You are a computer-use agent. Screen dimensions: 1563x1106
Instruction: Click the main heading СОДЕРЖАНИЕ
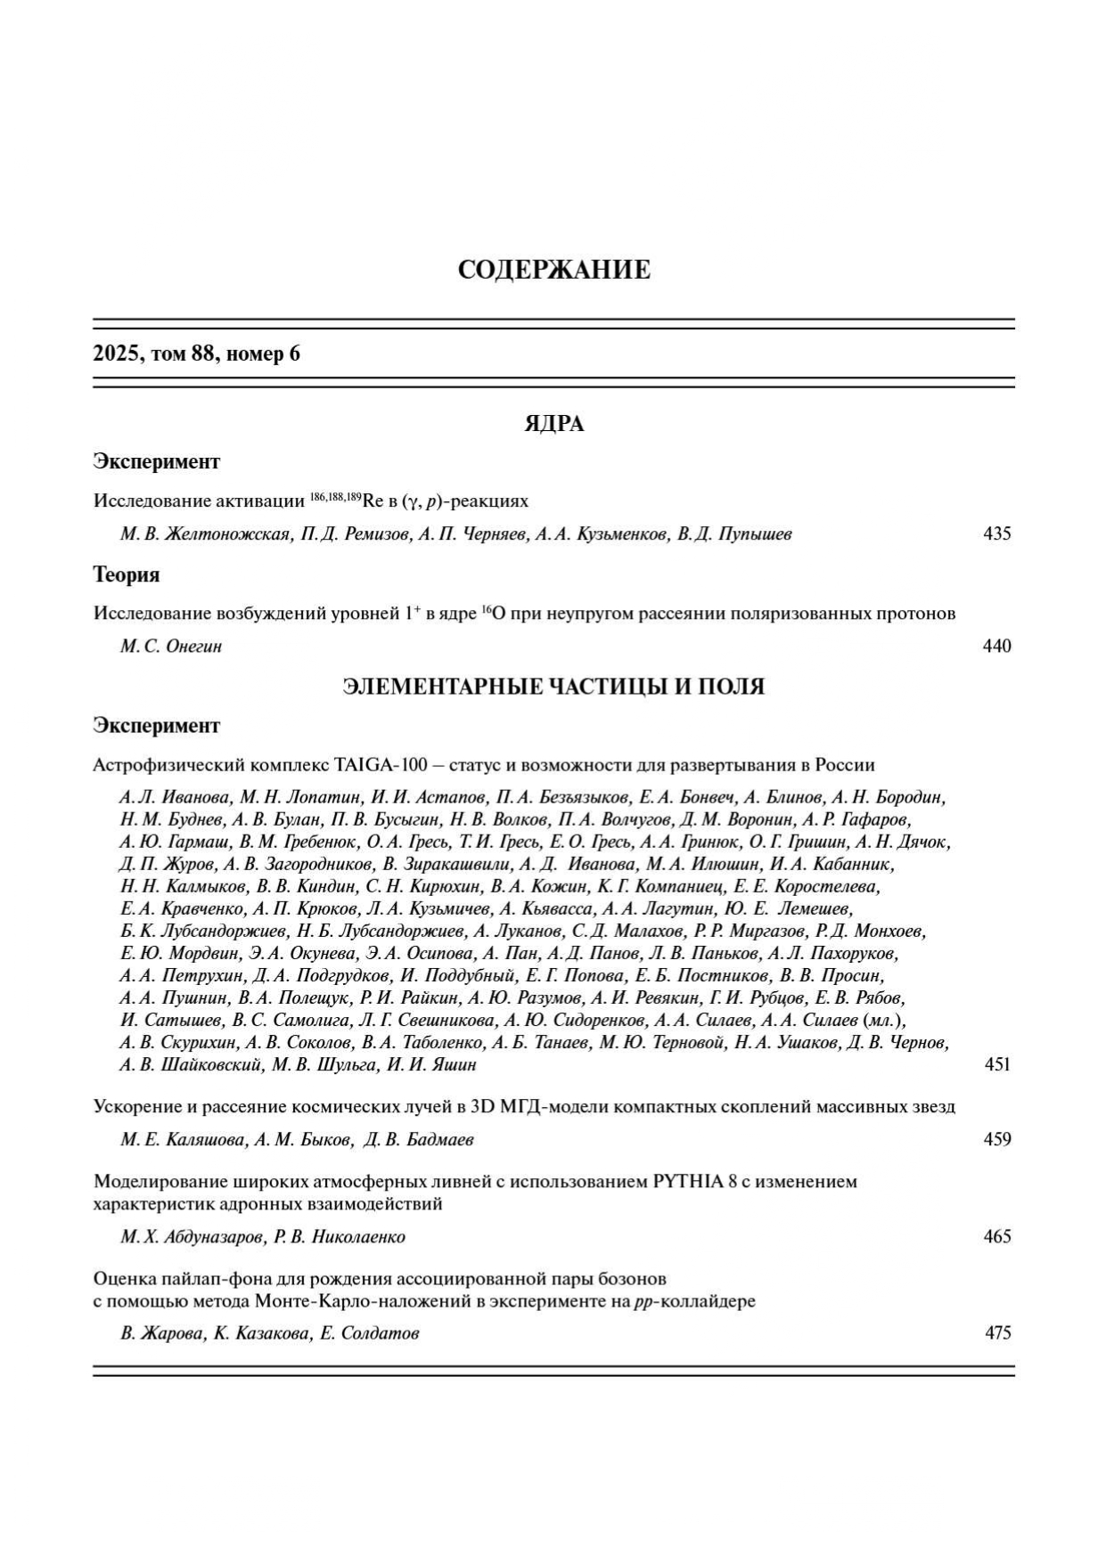(x=553, y=270)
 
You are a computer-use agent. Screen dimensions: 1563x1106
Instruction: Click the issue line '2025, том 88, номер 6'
(x=197, y=354)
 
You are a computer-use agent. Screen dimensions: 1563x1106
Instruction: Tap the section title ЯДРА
(x=553, y=424)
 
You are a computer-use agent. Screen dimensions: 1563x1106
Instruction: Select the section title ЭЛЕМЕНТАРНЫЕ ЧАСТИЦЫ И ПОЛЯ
(x=553, y=686)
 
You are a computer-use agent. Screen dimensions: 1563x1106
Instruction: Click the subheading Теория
(x=127, y=574)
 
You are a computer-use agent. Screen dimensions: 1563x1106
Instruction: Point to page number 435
(x=996, y=534)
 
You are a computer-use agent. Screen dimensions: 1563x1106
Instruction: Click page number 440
(x=996, y=647)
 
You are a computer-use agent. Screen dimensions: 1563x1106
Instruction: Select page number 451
(x=996, y=1064)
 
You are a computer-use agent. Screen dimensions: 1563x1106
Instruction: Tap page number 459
(x=996, y=1139)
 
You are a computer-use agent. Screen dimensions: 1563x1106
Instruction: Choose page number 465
(x=996, y=1236)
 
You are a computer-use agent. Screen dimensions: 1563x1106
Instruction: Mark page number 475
(x=996, y=1333)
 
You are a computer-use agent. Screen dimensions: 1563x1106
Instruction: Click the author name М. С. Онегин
(x=171, y=647)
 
